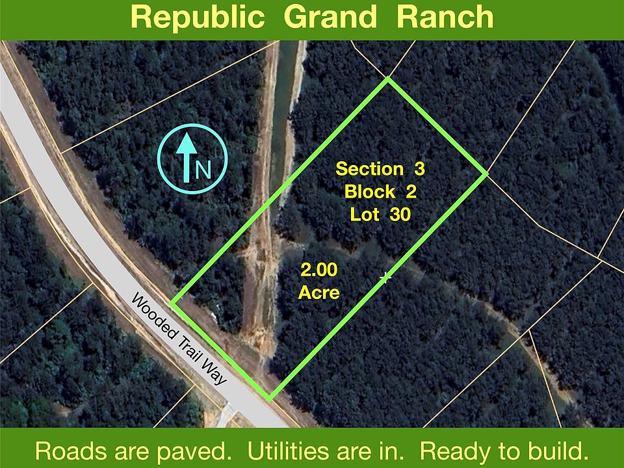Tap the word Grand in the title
click(x=330, y=17)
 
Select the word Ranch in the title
click(x=445, y=17)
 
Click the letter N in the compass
click(x=203, y=170)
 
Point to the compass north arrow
click(x=187, y=158)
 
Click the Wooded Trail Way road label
click(x=179, y=339)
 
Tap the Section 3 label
click(x=380, y=169)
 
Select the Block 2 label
click(x=380, y=191)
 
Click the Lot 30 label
click(x=380, y=214)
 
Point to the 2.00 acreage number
click(x=318, y=270)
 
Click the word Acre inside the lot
click(x=318, y=293)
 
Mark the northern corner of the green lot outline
click(x=387, y=79)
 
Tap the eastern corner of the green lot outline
click(x=486, y=174)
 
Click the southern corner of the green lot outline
click(x=269, y=398)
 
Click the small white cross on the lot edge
click(x=385, y=277)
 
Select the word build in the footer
click(x=556, y=451)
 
